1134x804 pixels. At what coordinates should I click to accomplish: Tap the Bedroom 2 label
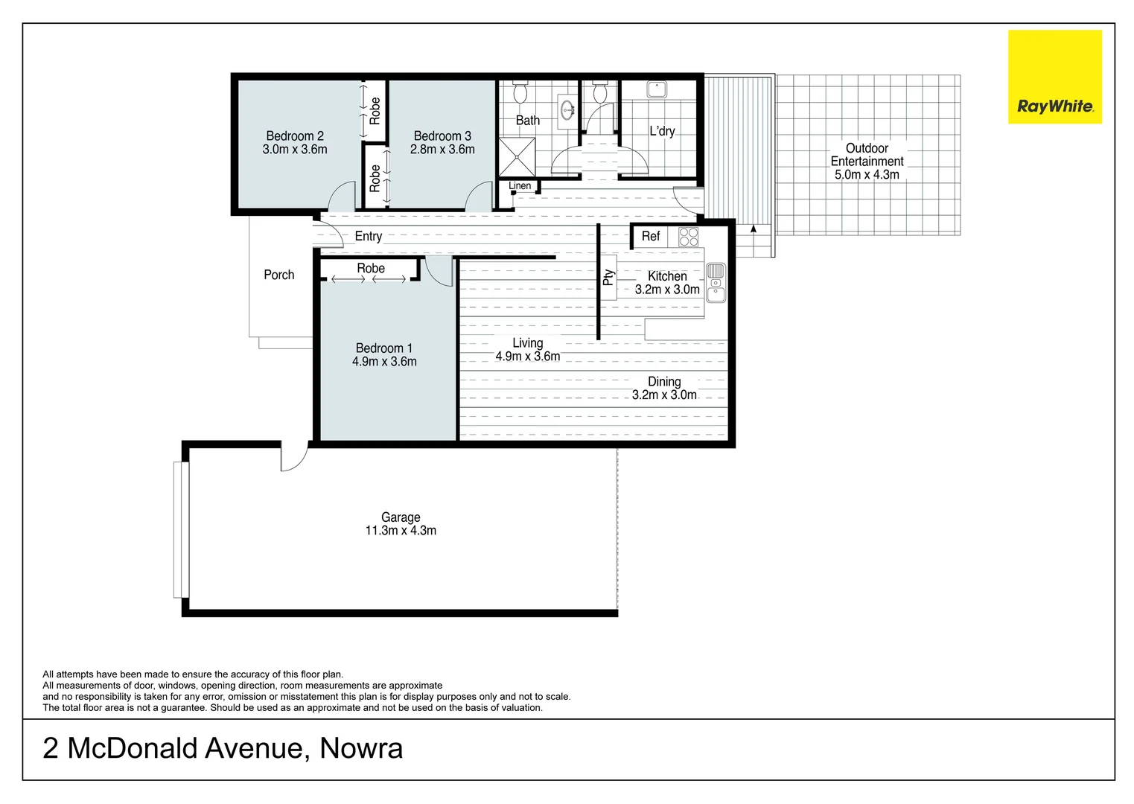(x=295, y=136)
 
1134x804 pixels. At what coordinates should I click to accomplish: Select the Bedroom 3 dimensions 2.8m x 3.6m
(x=442, y=150)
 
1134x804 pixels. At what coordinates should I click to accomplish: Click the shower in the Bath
(x=517, y=156)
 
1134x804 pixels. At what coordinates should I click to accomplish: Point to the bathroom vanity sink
(x=568, y=111)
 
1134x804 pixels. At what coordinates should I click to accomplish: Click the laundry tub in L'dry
(x=656, y=90)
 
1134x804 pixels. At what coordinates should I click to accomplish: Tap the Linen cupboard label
(x=520, y=186)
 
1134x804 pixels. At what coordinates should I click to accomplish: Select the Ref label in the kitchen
(x=650, y=236)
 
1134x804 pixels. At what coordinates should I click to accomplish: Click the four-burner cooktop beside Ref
(x=689, y=237)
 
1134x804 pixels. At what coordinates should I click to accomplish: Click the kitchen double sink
(x=716, y=282)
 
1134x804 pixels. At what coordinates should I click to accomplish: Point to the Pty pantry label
(x=608, y=278)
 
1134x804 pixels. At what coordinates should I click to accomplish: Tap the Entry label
(x=368, y=236)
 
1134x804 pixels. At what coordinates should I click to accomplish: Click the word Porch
(x=279, y=275)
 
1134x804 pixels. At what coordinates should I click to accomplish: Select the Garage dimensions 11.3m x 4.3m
(x=401, y=531)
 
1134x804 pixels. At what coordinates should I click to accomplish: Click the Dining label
(x=664, y=381)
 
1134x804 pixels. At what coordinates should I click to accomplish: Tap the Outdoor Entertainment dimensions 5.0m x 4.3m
(x=867, y=175)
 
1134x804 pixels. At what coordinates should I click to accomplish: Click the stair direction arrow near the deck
(x=754, y=229)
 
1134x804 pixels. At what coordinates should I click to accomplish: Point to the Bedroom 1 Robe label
(x=370, y=268)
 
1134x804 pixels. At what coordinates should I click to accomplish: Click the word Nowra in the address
(x=361, y=748)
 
